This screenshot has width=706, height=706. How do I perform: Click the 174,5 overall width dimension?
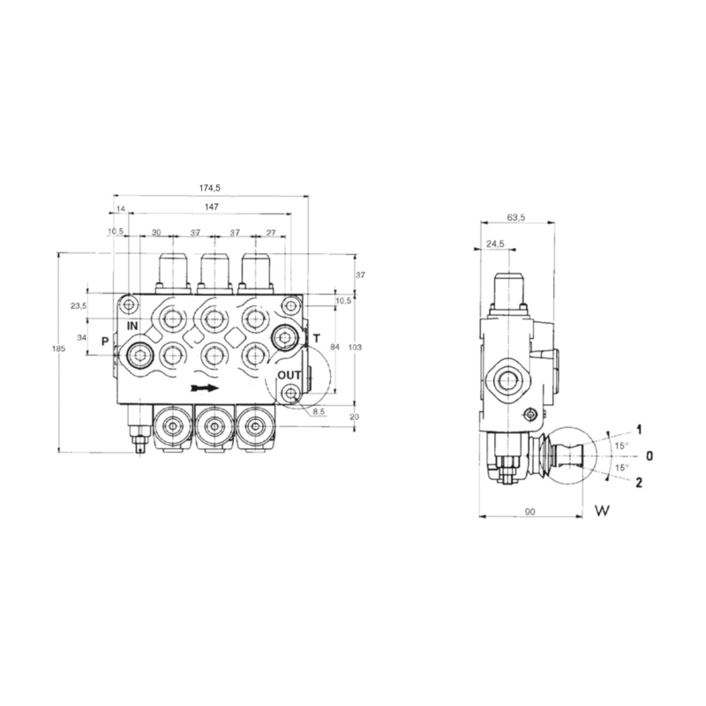pyautogui.click(x=209, y=188)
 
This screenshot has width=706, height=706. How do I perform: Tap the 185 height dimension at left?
pyautogui.click(x=59, y=349)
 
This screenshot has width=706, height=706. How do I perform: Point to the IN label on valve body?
pyautogui.click(x=132, y=326)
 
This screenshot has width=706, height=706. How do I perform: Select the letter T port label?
pyautogui.click(x=315, y=339)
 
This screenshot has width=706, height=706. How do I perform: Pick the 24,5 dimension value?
pyautogui.click(x=494, y=244)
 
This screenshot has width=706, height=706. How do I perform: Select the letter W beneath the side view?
pyautogui.click(x=604, y=510)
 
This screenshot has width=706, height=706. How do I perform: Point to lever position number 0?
pyautogui.click(x=650, y=455)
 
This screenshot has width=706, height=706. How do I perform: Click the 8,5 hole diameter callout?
pyautogui.click(x=320, y=410)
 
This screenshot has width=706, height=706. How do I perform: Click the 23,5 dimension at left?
pyautogui.click(x=78, y=306)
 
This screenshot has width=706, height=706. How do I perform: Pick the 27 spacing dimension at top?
pyautogui.click(x=271, y=232)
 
